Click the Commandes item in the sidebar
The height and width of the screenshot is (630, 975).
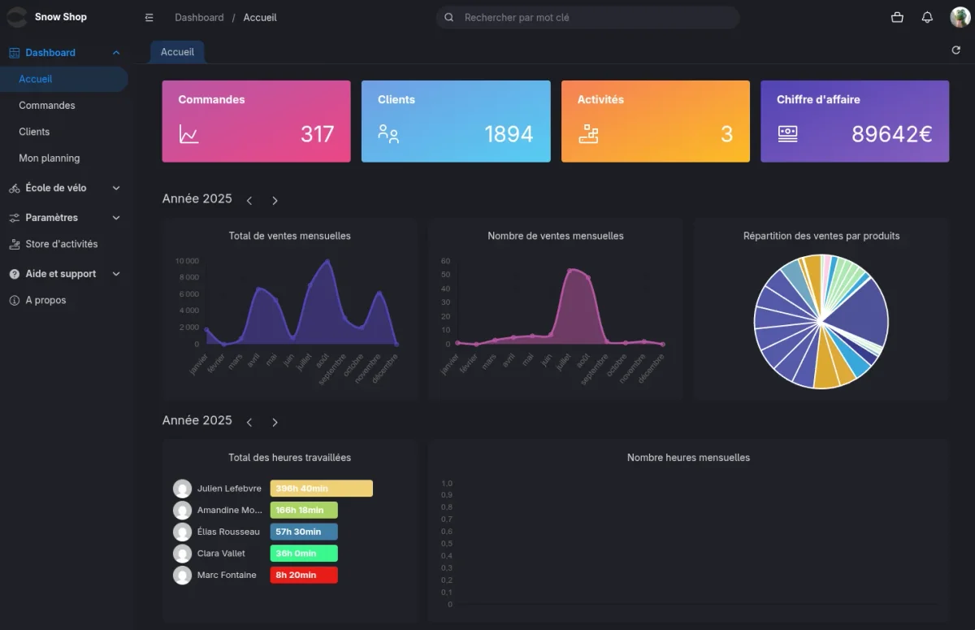(47, 106)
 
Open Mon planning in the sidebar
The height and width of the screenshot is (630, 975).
(50, 159)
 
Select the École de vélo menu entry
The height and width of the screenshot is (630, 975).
(56, 188)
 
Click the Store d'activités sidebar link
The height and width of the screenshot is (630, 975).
(61, 244)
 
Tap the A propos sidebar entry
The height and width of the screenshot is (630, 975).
(45, 300)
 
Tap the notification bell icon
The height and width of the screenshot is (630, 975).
(927, 18)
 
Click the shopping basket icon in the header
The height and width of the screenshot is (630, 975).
(897, 18)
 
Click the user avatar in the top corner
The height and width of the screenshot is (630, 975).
(960, 18)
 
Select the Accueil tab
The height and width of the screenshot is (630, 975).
(177, 52)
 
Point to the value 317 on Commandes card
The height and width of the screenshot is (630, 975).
(317, 134)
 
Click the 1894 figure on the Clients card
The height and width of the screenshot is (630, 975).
(509, 134)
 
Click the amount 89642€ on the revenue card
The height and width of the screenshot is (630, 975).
(891, 134)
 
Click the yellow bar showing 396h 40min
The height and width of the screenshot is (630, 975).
(321, 489)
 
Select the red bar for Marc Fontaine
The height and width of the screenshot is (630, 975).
(303, 575)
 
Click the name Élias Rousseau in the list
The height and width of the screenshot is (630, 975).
(228, 532)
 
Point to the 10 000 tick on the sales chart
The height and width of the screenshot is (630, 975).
(187, 261)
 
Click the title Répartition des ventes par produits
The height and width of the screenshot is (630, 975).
(821, 236)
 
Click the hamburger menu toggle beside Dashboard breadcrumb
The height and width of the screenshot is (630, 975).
(149, 18)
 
